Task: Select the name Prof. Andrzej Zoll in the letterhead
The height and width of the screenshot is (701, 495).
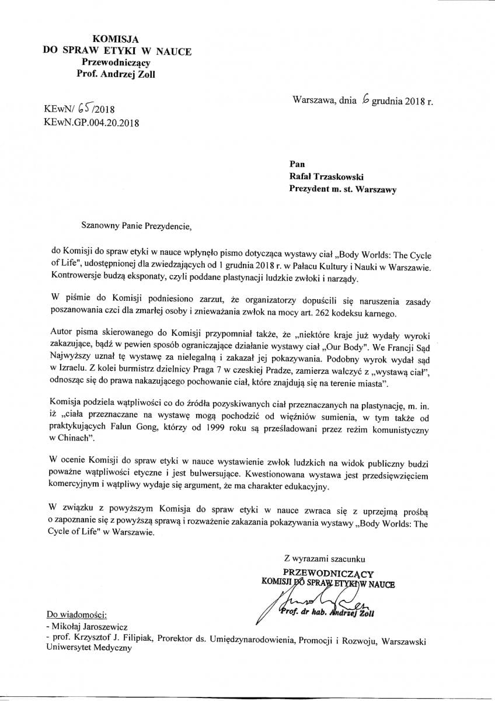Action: click(x=116, y=74)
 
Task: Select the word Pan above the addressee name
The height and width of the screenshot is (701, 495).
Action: click(x=297, y=164)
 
